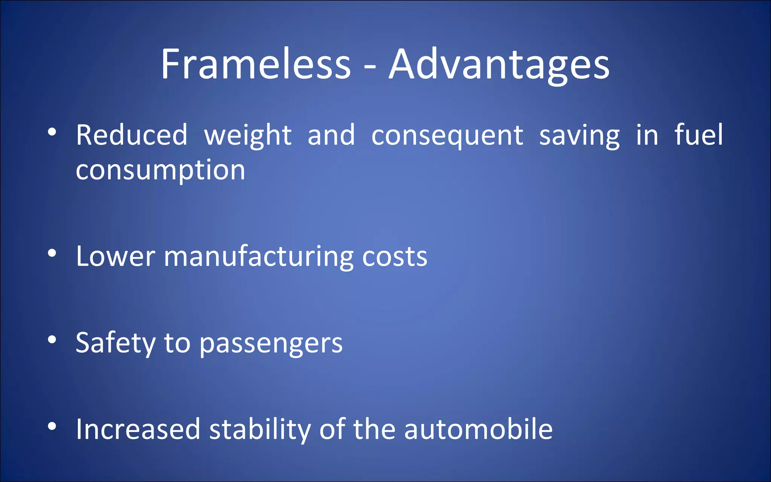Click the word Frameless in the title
click(x=256, y=64)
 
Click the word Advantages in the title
click(x=499, y=66)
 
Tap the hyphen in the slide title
click(x=370, y=68)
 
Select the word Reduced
click(x=132, y=134)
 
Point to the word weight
click(x=248, y=137)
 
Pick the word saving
click(x=579, y=137)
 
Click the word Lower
click(x=116, y=256)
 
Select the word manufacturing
click(x=259, y=258)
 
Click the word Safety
click(x=116, y=344)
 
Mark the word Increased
click(x=138, y=429)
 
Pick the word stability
click(x=260, y=430)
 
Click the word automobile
click(x=478, y=429)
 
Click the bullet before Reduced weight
click(x=52, y=132)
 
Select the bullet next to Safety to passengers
click(x=52, y=340)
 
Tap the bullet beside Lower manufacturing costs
click(x=52, y=253)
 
